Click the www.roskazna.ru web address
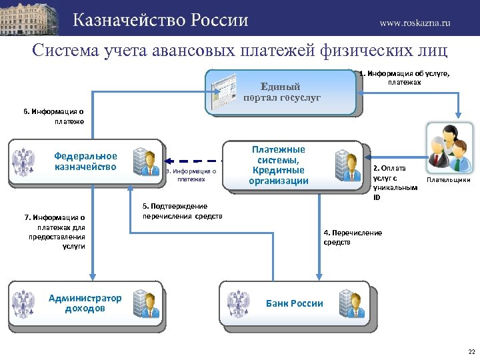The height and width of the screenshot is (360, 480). pos(415,22)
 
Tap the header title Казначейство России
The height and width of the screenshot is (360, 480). pos(161,20)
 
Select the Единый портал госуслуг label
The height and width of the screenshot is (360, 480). pos(281,92)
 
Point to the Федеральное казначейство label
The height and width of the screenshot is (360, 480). pos(85,161)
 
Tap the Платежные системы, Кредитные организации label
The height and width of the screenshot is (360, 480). pos(279,165)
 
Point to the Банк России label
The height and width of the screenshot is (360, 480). pos(294,303)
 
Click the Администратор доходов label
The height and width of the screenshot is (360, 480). pos(85,303)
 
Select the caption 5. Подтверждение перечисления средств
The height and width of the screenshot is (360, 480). pos(182,211)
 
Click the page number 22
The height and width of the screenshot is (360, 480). pos(471,351)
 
